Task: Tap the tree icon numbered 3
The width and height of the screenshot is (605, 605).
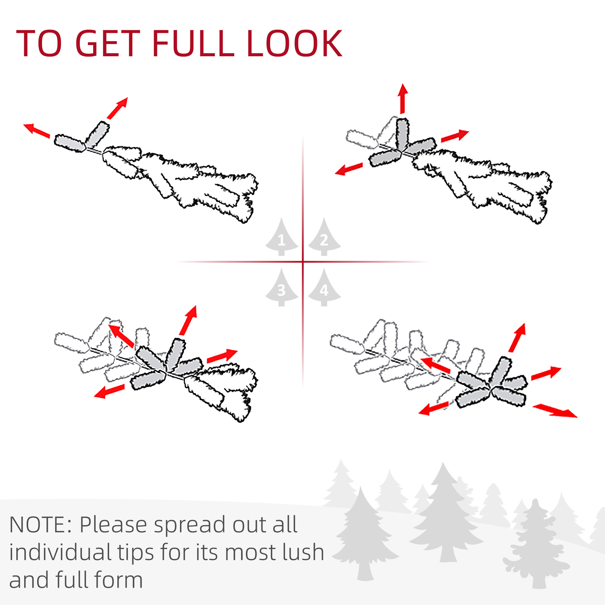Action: [282, 287]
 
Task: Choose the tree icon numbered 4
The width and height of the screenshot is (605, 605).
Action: [324, 287]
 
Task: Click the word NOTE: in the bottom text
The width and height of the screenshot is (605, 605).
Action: [41, 525]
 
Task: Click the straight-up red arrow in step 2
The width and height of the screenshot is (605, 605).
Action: [403, 99]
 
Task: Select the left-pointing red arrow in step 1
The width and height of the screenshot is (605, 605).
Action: [37, 131]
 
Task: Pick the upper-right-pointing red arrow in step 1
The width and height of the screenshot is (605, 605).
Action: [117, 108]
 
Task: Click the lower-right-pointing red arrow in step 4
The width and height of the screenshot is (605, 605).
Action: [554, 411]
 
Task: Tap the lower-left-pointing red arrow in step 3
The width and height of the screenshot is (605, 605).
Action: [109, 391]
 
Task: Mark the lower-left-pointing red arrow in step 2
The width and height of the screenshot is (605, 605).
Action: [349, 169]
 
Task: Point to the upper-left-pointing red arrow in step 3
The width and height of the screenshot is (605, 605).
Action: [121, 336]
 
